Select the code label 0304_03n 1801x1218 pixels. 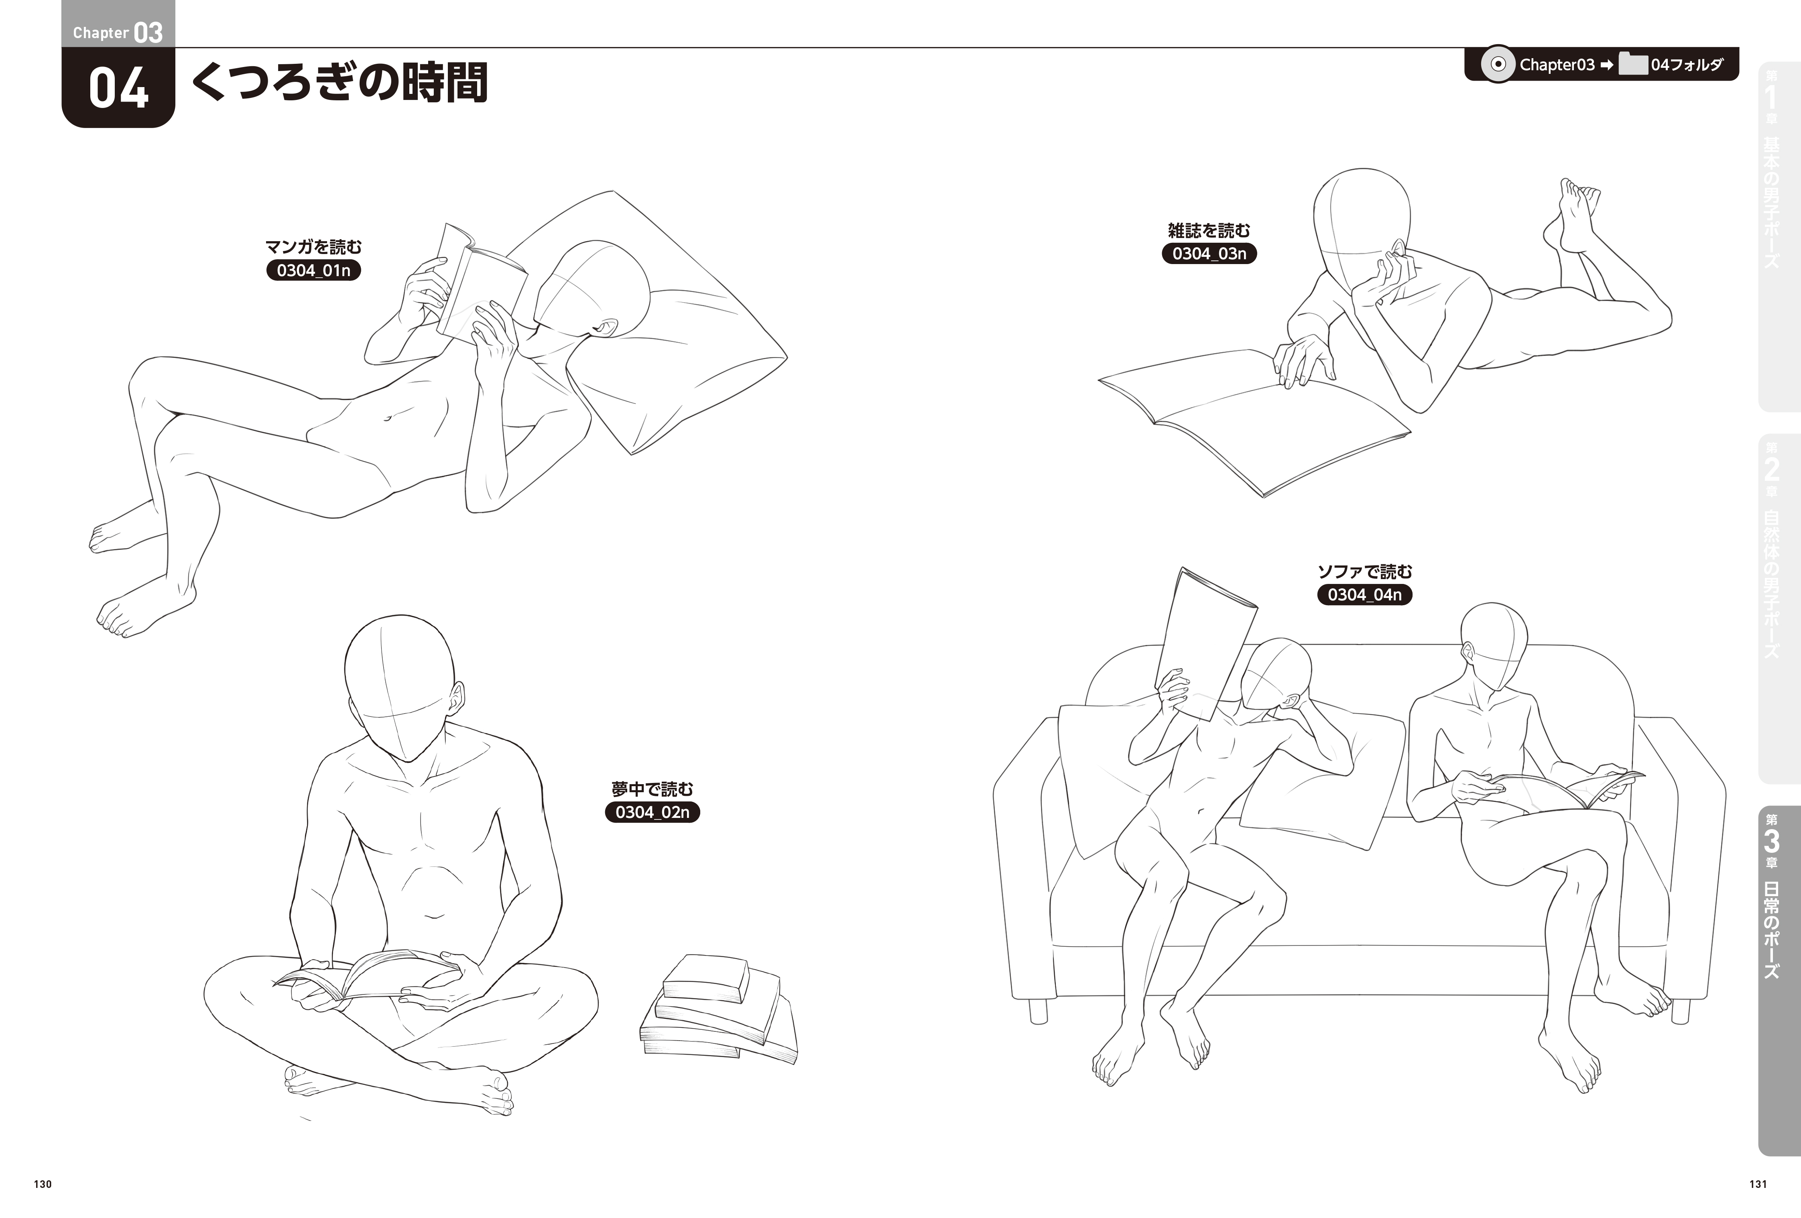click(1209, 253)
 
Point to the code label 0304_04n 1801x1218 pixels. click(1365, 594)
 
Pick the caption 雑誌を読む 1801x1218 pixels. click(1209, 230)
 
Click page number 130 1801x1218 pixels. click(43, 1184)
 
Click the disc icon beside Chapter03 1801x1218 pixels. click(1498, 64)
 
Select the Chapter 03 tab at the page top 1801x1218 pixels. click(118, 24)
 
